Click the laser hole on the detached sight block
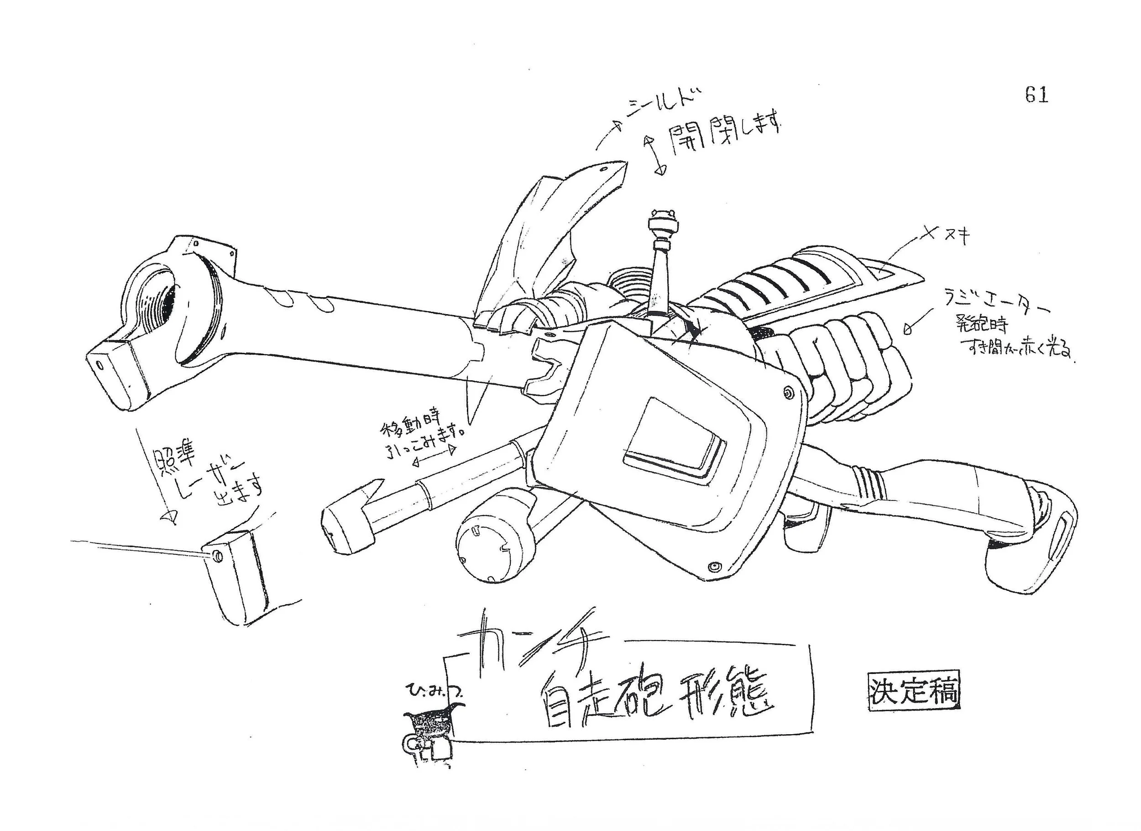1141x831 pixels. pos(217,556)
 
